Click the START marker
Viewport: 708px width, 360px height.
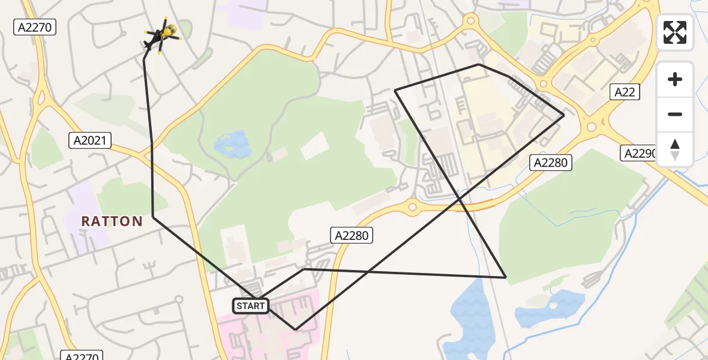point(251,306)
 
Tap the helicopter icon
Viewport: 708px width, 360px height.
point(160,36)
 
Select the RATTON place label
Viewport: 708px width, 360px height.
point(112,221)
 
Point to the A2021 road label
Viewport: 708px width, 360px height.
point(90,140)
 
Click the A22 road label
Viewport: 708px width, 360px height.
point(625,92)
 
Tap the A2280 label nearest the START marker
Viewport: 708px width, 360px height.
point(352,236)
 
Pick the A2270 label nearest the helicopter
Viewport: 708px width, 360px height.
point(35,27)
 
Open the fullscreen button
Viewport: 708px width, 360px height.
point(675,32)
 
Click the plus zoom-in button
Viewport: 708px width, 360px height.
point(675,79)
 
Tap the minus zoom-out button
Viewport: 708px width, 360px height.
point(675,114)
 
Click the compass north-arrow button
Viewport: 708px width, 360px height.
point(675,149)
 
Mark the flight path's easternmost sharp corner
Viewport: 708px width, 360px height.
point(564,115)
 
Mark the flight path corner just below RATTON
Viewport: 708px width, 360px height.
point(153,217)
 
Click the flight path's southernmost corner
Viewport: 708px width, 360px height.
point(295,329)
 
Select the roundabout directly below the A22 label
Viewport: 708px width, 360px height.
point(592,127)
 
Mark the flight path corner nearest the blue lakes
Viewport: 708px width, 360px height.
point(506,278)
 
